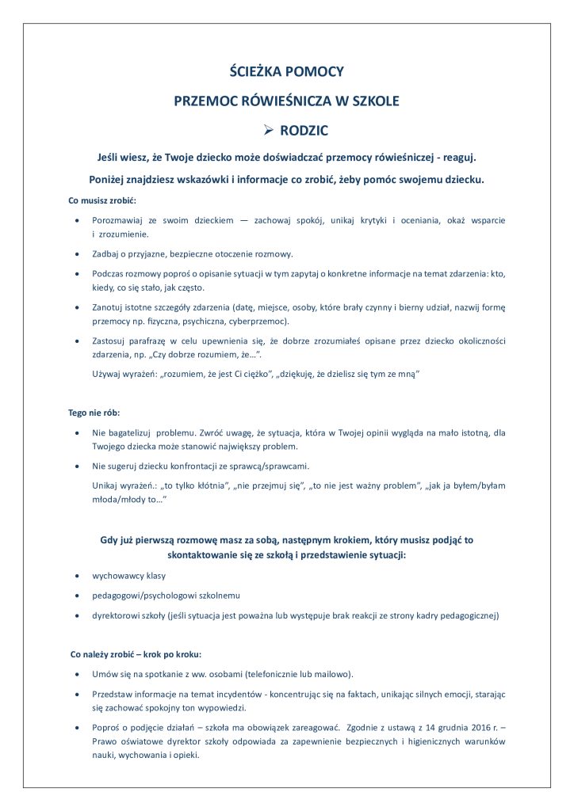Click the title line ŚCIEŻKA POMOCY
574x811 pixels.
click(x=287, y=72)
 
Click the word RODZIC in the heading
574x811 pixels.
click(x=303, y=129)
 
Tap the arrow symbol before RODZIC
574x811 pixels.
click(x=268, y=129)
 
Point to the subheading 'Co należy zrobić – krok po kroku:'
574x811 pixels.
click(x=136, y=654)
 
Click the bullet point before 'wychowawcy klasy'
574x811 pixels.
click(x=75, y=576)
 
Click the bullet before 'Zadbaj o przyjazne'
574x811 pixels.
click(x=75, y=254)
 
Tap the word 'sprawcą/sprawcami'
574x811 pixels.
click(x=269, y=466)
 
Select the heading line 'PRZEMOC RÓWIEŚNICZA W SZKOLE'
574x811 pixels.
click(x=287, y=101)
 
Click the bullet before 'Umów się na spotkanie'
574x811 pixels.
click(x=75, y=674)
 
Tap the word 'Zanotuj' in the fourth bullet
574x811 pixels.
click(x=109, y=307)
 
